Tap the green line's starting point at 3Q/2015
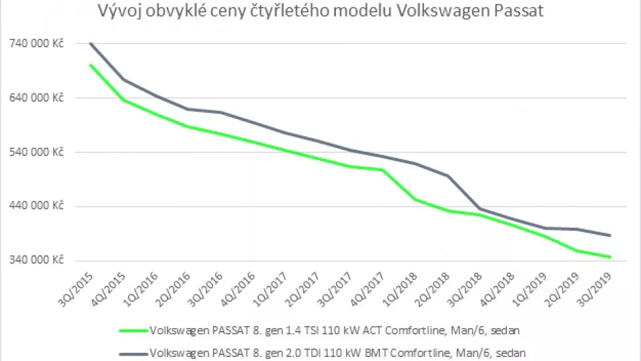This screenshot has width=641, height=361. [91, 65]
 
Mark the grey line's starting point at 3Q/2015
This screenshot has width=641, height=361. [91, 43]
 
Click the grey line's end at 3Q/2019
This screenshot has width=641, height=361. [610, 235]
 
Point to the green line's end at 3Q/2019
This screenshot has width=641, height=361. [610, 257]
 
